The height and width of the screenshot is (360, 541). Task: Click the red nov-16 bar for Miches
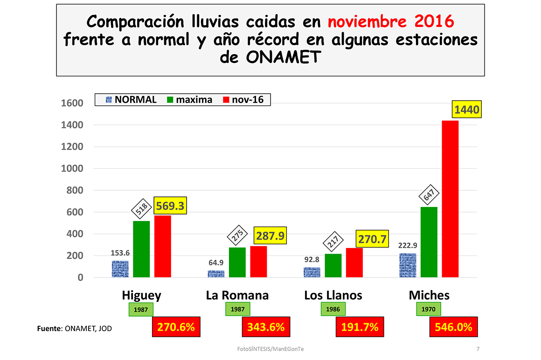click(450, 199)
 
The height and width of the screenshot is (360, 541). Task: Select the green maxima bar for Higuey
click(141, 249)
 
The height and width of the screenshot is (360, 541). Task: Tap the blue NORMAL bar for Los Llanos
click(312, 272)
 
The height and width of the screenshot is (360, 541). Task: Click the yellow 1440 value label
click(466, 111)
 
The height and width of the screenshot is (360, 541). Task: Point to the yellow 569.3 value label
click(170, 206)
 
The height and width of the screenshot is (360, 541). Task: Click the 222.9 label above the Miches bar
click(408, 246)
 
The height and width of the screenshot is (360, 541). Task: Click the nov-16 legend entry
click(243, 99)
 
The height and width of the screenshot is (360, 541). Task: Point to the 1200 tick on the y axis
click(71, 147)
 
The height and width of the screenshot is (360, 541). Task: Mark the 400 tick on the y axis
click(74, 234)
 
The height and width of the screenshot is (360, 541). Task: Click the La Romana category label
click(237, 295)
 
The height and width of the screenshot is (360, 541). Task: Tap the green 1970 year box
click(428, 309)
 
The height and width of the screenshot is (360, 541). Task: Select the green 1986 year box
click(333, 309)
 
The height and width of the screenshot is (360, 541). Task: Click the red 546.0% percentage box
click(453, 327)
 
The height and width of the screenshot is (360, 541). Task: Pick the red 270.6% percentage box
click(176, 327)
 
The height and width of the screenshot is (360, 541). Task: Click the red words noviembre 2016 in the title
click(391, 21)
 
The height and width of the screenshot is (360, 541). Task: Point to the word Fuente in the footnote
click(49, 329)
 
